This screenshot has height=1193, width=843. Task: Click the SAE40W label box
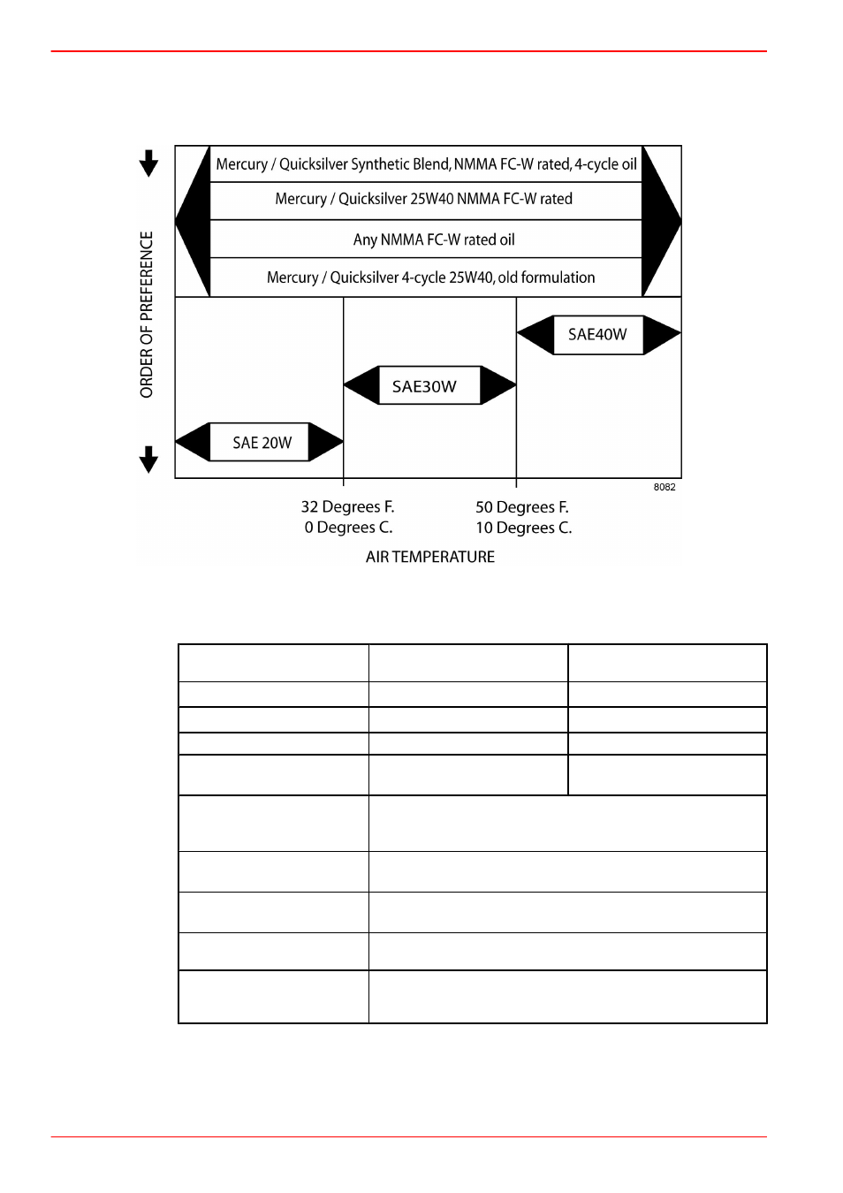coord(598,334)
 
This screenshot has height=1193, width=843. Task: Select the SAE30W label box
coord(429,385)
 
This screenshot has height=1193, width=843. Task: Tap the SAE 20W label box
coord(259,442)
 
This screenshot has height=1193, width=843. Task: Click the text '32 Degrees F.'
coord(348,506)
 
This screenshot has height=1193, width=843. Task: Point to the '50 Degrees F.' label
coord(522,506)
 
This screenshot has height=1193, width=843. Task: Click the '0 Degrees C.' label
coord(349,528)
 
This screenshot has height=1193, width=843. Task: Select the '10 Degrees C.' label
coord(523,528)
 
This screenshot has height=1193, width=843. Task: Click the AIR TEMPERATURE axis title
coord(430,557)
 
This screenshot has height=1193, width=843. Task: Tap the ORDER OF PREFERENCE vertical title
coord(147,315)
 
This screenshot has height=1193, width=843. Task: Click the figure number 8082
coord(665,487)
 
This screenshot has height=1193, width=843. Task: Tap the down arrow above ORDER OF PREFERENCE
coord(148,163)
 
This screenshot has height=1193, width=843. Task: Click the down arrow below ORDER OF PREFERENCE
coord(148,460)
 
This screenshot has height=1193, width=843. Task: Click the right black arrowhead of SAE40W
coord(662,334)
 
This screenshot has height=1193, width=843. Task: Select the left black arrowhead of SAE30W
coord(361,385)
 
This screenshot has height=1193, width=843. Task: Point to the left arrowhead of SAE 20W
coord(193,442)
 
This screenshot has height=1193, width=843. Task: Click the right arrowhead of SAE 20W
coord(325,442)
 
